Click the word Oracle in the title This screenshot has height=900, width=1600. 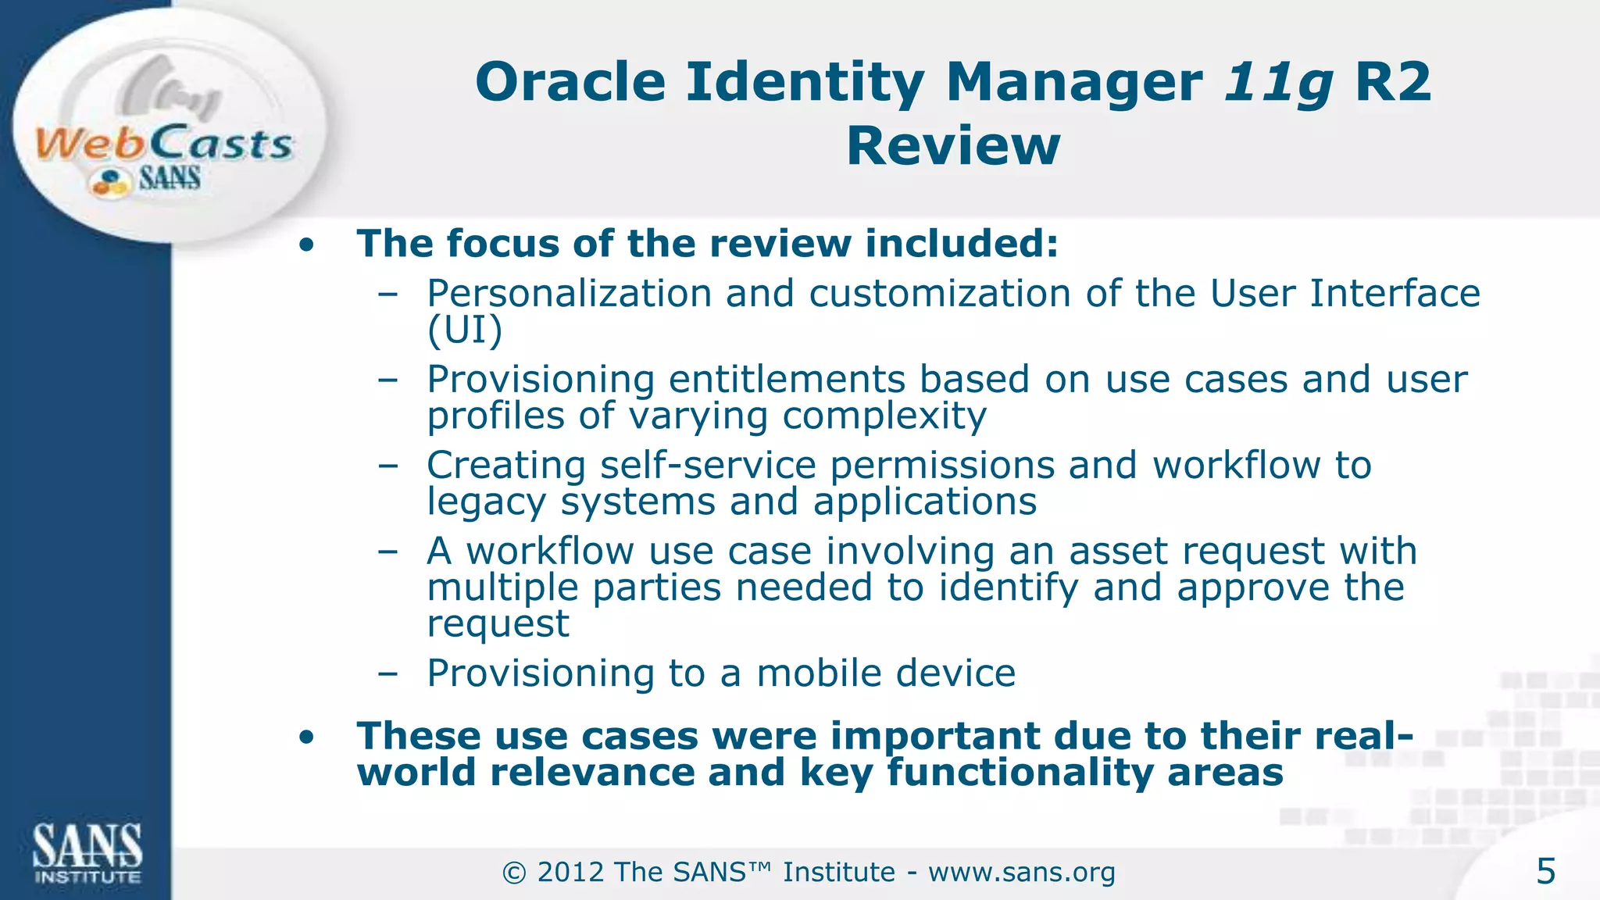point(570,82)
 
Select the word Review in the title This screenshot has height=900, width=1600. point(953,146)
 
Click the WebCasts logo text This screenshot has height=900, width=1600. point(164,144)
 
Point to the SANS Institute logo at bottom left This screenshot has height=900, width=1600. point(87,853)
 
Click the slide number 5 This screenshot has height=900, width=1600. point(1545,871)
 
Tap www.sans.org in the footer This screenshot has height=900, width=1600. point(1021,872)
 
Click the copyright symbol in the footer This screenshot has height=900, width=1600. point(514,873)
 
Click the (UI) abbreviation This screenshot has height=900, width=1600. point(464,330)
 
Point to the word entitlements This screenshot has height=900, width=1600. point(786,380)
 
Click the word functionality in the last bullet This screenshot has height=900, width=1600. point(1019,773)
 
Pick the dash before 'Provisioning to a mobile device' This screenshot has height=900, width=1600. point(387,673)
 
